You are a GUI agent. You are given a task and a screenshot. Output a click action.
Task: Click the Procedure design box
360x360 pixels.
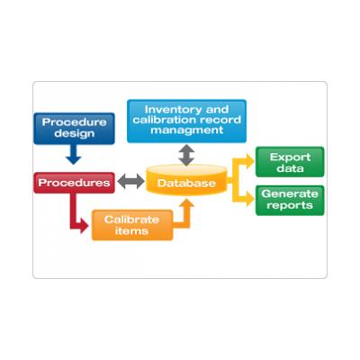tap(74, 129)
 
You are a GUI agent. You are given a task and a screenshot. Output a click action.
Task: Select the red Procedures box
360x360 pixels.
tap(74, 183)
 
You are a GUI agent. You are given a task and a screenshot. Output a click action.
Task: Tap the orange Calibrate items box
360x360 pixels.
tap(132, 225)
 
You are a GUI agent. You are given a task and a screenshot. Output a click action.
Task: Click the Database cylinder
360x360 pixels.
tap(186, 181)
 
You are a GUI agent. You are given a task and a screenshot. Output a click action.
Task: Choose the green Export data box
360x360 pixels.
tap(290, 162)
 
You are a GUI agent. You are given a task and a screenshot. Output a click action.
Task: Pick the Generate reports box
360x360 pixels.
tap(290, 200)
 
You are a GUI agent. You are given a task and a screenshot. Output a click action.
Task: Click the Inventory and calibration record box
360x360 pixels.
tap(186, 121)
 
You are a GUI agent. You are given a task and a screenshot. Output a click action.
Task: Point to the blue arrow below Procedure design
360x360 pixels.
tap(74, 155)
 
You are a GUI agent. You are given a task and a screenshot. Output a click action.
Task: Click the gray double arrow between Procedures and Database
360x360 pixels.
tap(130, 181)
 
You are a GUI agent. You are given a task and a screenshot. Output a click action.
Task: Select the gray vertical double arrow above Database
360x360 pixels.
tap(186, 155)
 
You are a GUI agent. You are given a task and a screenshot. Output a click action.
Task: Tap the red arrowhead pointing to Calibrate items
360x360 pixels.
tap(85, 226)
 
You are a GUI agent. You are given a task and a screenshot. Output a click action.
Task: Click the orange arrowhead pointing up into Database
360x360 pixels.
tap(188, 203)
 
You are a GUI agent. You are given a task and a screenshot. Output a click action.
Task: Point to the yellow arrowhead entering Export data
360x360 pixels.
tap(250, 161)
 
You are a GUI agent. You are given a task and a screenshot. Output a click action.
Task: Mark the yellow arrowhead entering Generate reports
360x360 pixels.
tap(250, 199)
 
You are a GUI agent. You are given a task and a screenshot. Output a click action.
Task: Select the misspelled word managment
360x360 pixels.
tap(187, 130)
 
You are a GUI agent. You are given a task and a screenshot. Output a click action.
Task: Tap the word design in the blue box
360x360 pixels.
tap(75, 133)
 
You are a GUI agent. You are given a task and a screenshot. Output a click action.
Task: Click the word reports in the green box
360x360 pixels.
tap(290, 205)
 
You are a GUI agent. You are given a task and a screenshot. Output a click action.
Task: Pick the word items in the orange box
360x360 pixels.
tap(132, 231)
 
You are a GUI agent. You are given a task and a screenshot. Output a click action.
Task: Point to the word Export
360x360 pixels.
tap(290, 157)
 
